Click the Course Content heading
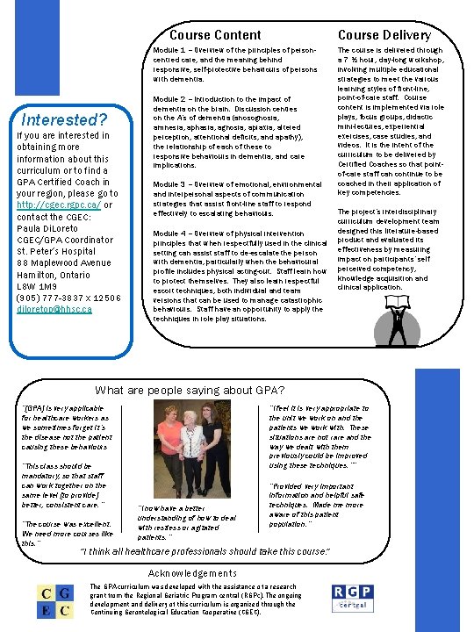click(215, 35)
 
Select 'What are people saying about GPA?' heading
click(190, 391)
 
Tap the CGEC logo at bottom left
click(52, 603)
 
